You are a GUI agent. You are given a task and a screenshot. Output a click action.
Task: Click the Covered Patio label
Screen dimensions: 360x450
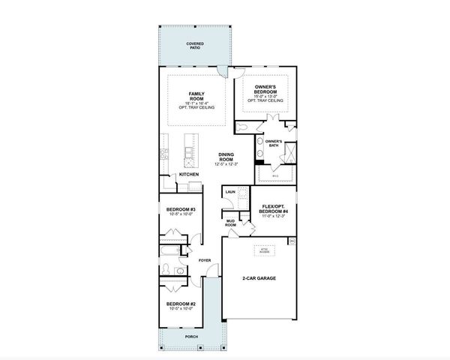(196, 46)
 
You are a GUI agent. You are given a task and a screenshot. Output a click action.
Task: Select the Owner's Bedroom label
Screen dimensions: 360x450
(267, 91)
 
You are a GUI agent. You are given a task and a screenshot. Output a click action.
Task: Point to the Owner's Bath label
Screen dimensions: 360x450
(273, 143)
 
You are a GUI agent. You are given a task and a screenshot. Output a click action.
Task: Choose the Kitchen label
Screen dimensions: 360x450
(188, 175)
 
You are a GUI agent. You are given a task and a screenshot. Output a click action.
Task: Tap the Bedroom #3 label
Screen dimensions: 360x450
(181, 211)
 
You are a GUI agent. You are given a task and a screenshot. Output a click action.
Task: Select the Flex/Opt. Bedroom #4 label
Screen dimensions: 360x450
(271, 211)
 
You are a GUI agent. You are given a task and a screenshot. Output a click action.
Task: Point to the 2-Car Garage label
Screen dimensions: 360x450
(259, 278)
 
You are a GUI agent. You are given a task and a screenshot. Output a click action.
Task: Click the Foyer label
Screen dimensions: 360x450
(205, 261)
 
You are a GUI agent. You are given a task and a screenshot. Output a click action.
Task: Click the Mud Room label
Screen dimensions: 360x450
(230, 223)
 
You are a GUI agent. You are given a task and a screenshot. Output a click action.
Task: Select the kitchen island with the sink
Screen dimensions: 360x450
(190, 154)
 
